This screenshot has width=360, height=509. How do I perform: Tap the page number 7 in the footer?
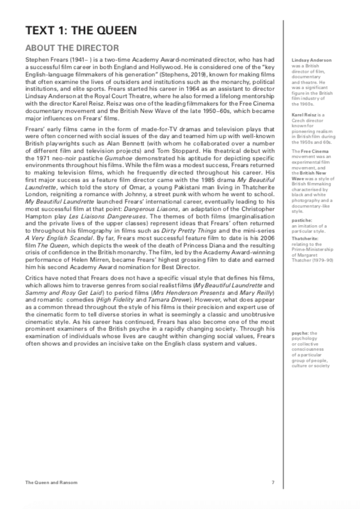pos(273,483)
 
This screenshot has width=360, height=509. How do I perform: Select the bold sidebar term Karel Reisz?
pos(304,115)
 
